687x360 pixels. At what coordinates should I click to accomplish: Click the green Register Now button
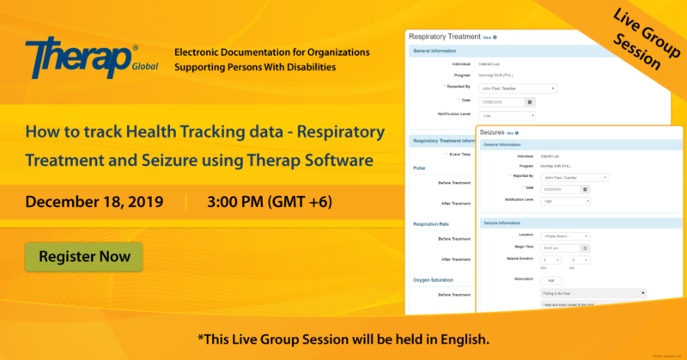point(83,256)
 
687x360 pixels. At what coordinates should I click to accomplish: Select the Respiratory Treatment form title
point(447,37)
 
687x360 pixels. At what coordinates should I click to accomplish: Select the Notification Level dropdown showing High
point(563,200)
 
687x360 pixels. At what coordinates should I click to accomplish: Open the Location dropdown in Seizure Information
point(563,235)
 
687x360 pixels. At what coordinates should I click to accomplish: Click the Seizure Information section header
point(507,223)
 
